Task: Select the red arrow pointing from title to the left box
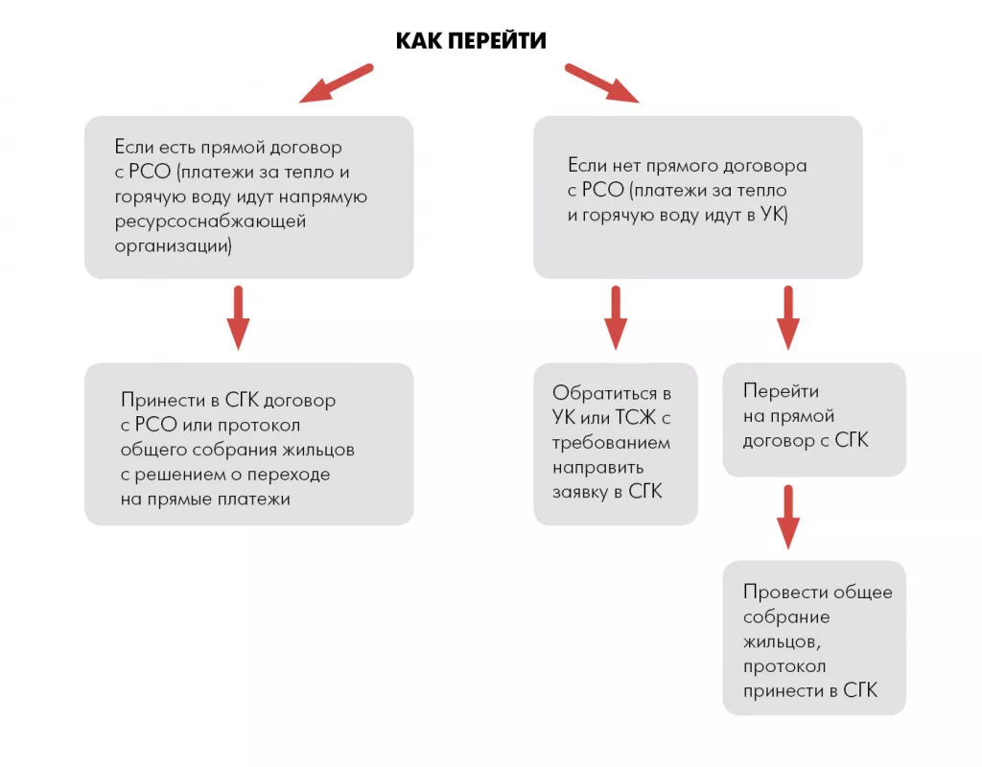tap(336, 83)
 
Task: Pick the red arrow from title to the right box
tap(602, 83)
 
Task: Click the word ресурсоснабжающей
tap(209, 221)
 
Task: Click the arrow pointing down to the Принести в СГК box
tap(239, 318)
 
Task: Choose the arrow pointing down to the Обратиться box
tap(616, 318)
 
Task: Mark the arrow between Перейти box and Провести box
tap(787, 518)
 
